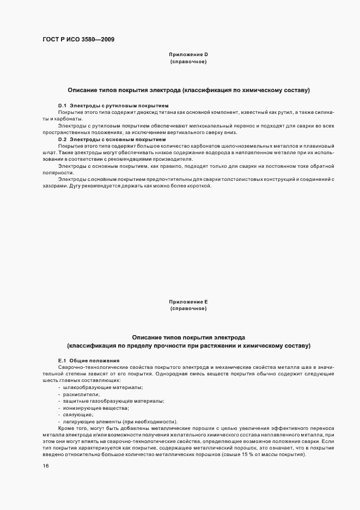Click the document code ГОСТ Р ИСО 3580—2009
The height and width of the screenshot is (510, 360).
click(x=78, y=39)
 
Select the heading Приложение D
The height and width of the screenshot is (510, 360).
click(x=188, y=54)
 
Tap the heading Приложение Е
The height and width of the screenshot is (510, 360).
click(x=188, y=302)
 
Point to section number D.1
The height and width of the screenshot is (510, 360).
click(x=63, y=105)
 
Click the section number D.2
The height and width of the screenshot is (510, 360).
click(x=63, y=139)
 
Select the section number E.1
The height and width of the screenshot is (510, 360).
click(x=62, y=361)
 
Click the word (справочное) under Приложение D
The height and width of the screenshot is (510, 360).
click(x=188, y=62)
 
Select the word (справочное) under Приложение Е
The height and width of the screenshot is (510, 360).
click(x=188, y=309)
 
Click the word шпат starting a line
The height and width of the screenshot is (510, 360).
click(x=48, y=153)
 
